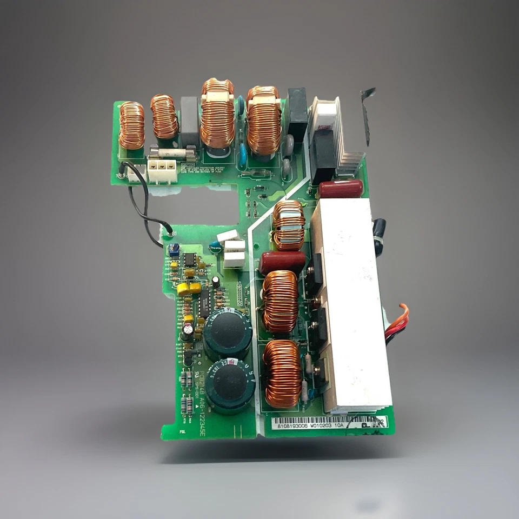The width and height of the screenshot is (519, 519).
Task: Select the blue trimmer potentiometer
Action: (x=174, y=250)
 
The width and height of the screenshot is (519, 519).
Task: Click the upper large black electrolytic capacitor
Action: (x=227, y=333)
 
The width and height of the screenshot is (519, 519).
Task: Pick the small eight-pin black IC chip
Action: (x=189, y=259)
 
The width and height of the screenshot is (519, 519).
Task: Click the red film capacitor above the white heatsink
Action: (x=341, y=189)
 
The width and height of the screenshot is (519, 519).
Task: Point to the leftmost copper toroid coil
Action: (x=132, y=125)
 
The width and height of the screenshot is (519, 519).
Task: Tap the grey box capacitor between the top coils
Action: (x=189, y=121)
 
